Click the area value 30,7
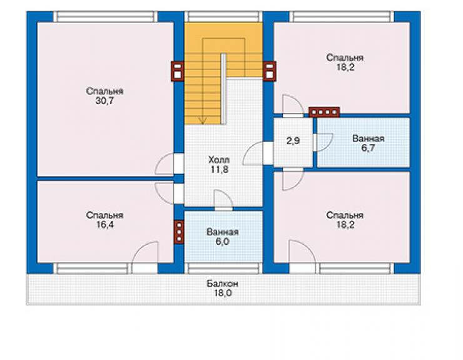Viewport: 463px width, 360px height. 104,101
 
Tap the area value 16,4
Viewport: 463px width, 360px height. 105,225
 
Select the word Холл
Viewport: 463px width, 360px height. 219,160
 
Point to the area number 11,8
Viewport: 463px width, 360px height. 220,170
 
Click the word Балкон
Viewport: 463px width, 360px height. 222,284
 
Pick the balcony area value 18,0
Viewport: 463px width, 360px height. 223,293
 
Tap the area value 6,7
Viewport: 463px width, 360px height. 369,148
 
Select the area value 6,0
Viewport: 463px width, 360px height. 222,242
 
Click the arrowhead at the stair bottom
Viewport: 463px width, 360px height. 203,121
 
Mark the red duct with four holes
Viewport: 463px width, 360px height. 324,112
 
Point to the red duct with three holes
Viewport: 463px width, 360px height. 179,232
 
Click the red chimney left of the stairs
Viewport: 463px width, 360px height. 177,71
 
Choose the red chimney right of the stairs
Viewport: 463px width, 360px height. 269,71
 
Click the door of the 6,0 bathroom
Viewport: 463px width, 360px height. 223,200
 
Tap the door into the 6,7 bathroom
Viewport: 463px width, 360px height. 323,143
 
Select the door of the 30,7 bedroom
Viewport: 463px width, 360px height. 170,163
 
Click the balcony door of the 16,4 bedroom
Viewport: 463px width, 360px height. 145,257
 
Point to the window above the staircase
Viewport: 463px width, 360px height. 223,16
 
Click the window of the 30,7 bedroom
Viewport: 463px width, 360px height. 105,16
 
